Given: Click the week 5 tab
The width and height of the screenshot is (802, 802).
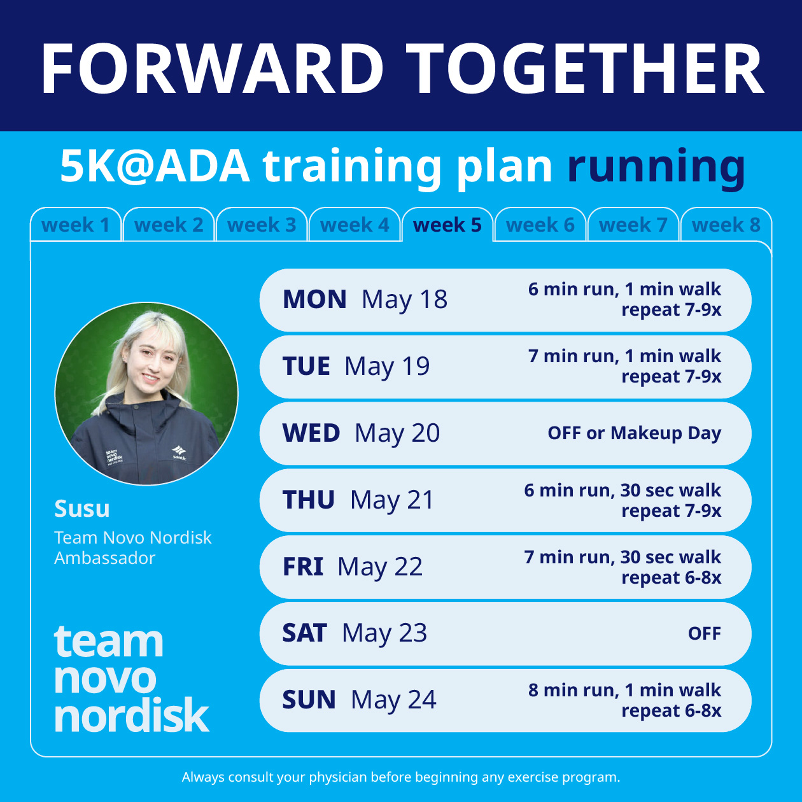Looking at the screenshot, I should (447, 225).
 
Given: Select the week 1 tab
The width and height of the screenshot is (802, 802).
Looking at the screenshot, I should (76, 225).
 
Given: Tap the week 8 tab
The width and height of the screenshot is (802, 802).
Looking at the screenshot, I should (726, 225).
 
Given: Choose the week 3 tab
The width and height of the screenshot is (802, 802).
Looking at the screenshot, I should (262, 225).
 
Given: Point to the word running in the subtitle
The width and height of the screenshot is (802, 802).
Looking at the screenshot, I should (656, 167).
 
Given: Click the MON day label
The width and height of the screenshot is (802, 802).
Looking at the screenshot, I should (314, 300).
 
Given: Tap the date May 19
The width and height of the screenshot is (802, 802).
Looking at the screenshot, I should (387, 367).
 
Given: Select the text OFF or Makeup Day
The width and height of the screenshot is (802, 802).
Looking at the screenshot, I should (634, 433).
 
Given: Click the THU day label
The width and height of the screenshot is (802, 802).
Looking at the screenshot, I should (309, 500).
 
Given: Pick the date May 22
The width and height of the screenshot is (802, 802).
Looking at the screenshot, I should (380, 567).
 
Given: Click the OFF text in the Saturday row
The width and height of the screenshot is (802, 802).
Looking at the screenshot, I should (704, 634).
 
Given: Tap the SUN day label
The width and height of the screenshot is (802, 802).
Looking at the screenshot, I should (309, 700).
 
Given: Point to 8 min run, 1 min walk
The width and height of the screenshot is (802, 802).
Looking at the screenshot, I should (624, 691).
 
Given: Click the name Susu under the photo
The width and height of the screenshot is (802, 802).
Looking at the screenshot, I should (82, 509).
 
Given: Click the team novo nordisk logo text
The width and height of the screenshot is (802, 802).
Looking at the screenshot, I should (130, 679).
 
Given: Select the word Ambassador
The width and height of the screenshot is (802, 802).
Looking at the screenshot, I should (105, 558).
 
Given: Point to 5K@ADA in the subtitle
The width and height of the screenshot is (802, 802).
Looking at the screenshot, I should (155, 167).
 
